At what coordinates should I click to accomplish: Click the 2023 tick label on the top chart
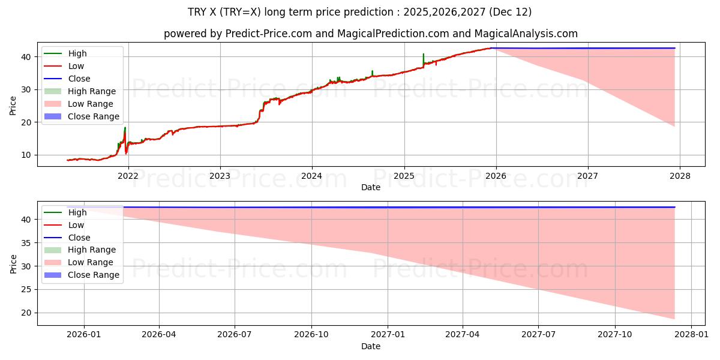pos(220,176)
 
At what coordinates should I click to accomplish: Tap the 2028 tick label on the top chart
pos(679,176)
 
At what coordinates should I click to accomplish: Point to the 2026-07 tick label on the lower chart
pos(234,334)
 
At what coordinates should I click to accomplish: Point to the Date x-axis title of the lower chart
pos(370,346)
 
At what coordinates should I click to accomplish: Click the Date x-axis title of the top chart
pos(370,187)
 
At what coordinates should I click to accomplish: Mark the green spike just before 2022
pos(125,129)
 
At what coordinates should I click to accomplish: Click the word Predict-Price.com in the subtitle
pos(268,34)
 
